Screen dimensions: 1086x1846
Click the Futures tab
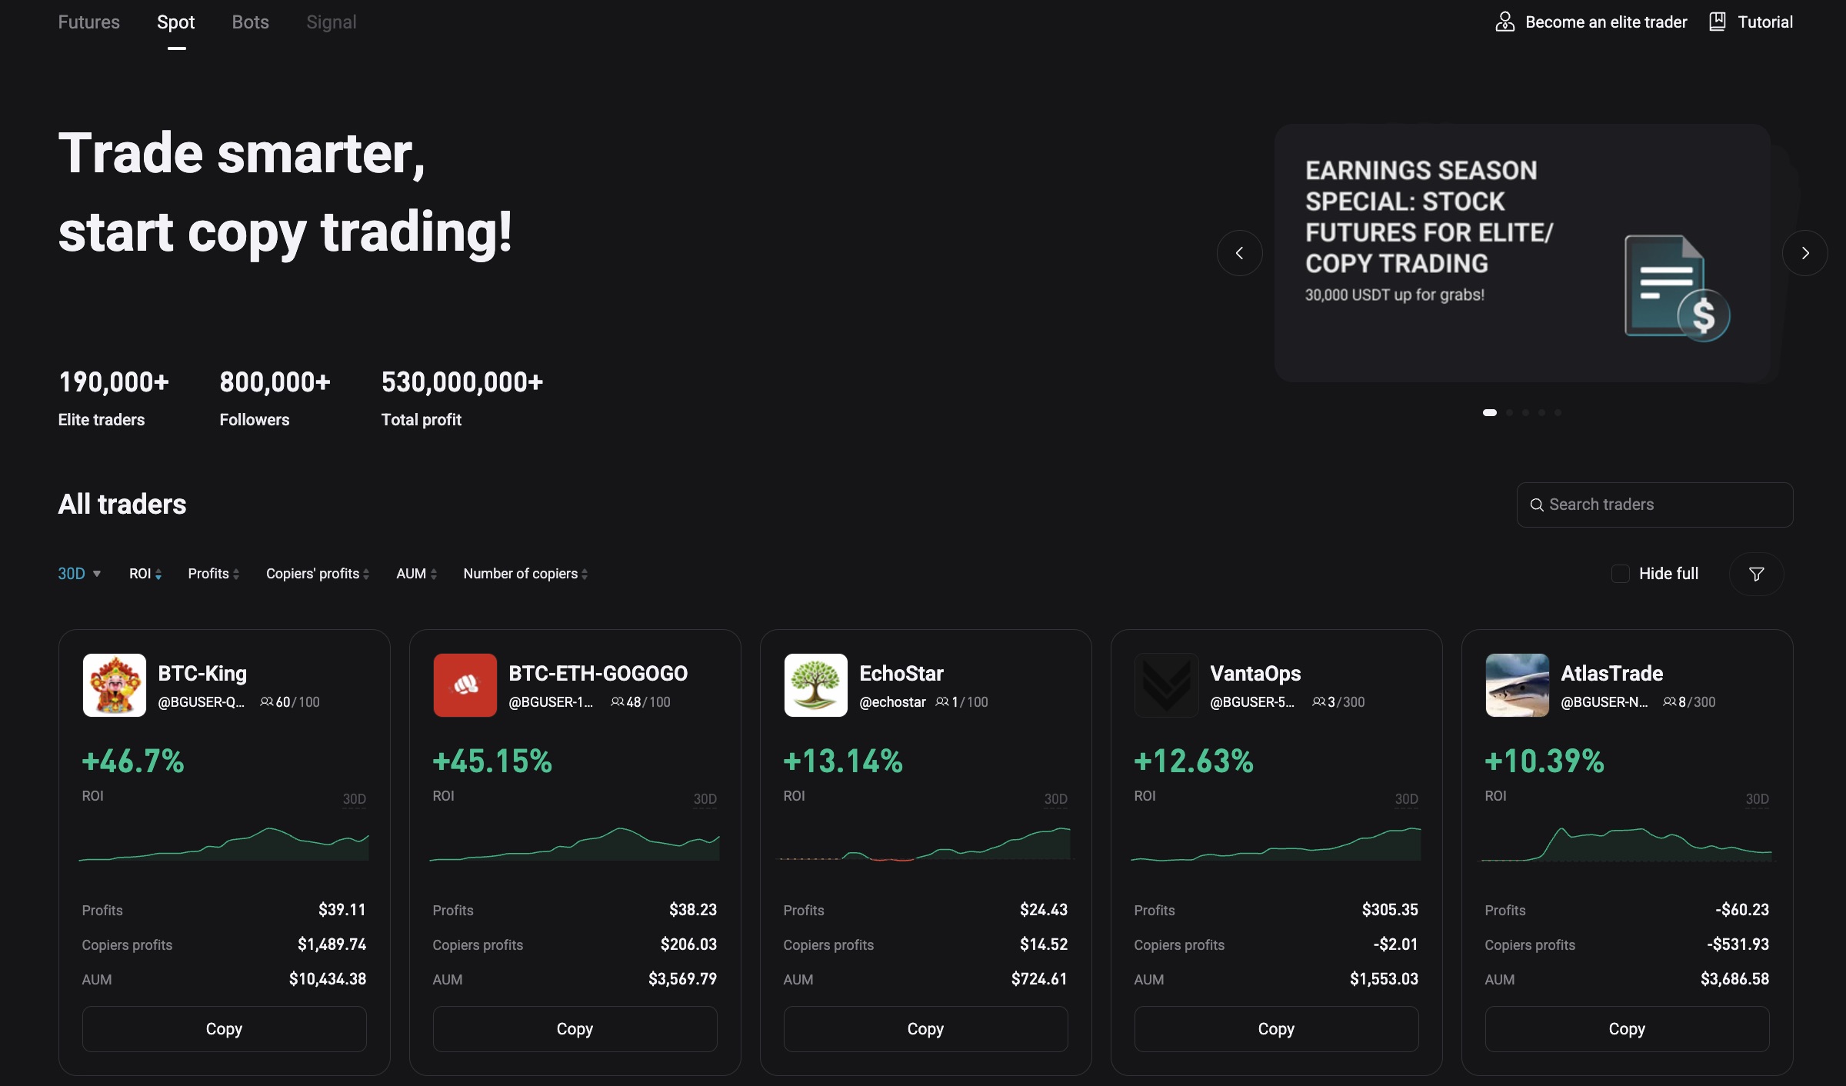pyautogui.click(x=88, y=22)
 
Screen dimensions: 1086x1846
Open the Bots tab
pyautogui.click(x=250, y=22)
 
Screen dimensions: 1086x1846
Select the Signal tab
pyautogui.click(x=331, y=22)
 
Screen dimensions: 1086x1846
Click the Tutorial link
pyautogui.click(x=1751, y=22)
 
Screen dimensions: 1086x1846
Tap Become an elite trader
pyautogui.click(x=1591, y=22)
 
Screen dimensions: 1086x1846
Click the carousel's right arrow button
pyautogui.click(x=1804, y=253)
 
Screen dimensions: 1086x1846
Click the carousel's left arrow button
pyautogui.click(x=1239, y=253)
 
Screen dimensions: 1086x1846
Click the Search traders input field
pyautogui.click(x=1654, y=505)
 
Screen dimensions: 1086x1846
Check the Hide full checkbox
pyautogui.click(x=1620, y=574)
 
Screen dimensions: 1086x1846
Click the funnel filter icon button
pyautogui.click(x=1756, y=574)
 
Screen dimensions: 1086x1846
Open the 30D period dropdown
pyautogui.click(x=79, y=574)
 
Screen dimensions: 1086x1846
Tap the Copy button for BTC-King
pyautogui.click(x=224, y=1028)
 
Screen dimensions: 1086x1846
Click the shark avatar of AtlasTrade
pyautogui.click(x=1517, y=685)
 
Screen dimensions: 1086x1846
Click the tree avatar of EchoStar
pyautogui.click(x=815, y=685)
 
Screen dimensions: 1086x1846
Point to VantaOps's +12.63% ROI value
pyautogui.click(x=1193, y=761)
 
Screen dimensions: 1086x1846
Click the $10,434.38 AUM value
pyautogui.click(x=328, y=979)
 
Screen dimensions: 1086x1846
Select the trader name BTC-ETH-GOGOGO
pyautogui.click(x=598, y=674)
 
